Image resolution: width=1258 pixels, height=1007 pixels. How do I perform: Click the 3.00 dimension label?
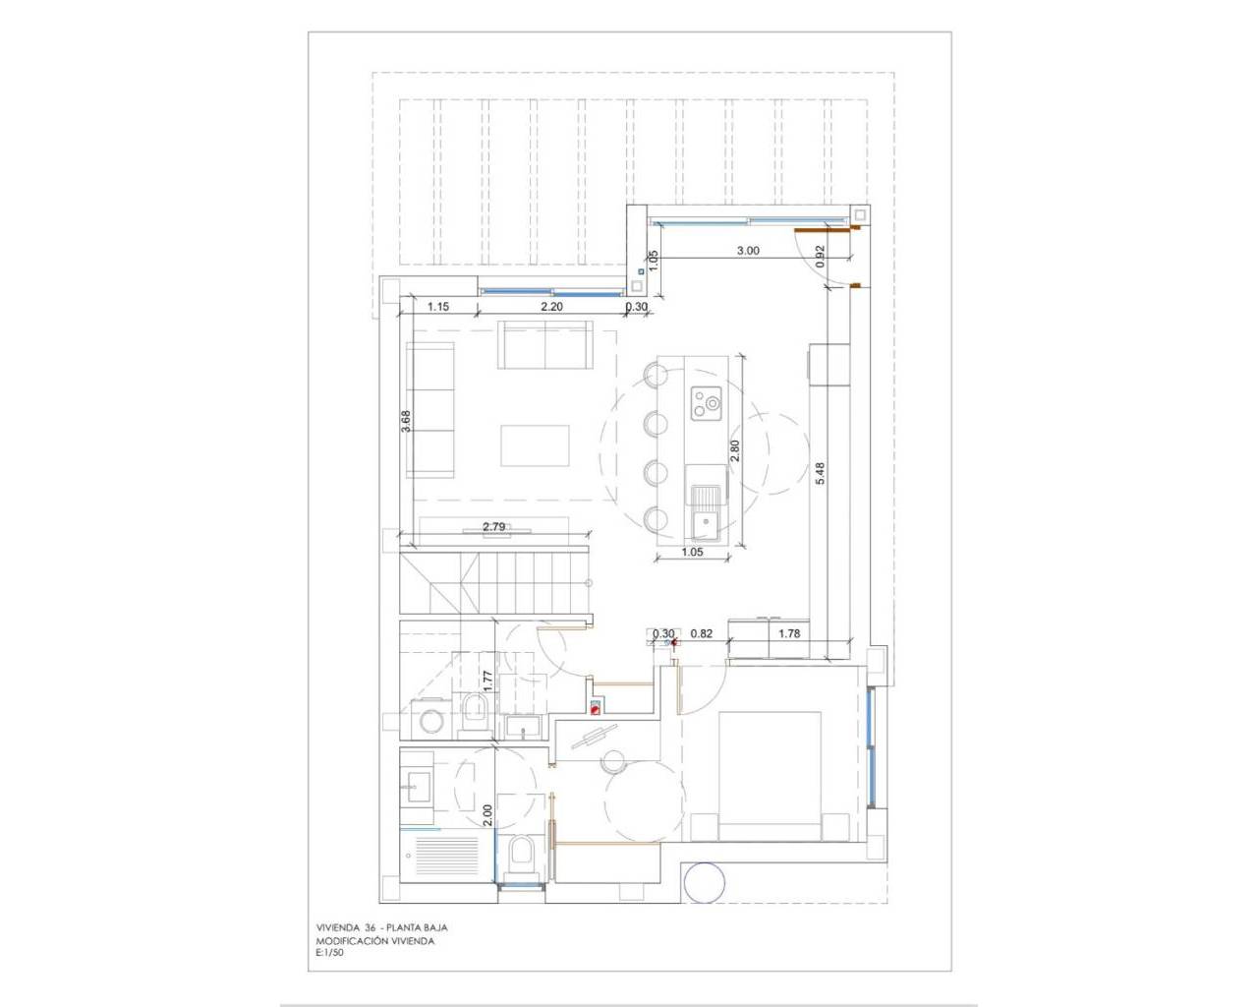[x=748, y=251]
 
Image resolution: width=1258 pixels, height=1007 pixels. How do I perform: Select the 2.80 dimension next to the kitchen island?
[x=735, y=450]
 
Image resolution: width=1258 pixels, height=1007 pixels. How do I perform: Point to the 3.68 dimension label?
[x=406, y=421]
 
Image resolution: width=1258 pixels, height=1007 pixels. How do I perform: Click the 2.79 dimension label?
[x=494, y=527]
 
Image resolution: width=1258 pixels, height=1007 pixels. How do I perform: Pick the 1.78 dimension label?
[x=789, y=633]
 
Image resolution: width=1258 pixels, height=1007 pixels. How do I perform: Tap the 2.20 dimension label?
[x=551, y=306]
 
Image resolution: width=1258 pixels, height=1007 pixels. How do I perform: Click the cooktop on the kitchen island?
[x=707, y=404]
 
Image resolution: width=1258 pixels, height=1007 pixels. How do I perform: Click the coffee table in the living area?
[x=535, y=445]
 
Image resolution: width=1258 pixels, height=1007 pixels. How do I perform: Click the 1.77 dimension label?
[x=488, y=681]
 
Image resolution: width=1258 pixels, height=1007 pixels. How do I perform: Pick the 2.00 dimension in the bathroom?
[x=488, y=815]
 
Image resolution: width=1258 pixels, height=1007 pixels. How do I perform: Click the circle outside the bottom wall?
[x=704, y=883]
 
